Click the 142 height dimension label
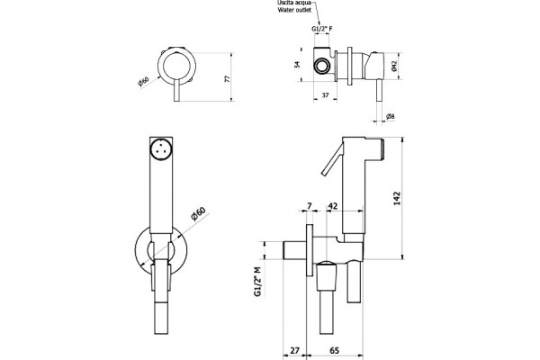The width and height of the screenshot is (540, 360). click(398, 198)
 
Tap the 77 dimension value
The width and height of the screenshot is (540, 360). click(228, 78)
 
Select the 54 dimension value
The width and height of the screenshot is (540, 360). click(298, 64)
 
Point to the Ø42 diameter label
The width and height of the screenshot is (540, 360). click(394, 66)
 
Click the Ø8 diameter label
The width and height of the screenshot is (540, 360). click(391, 116)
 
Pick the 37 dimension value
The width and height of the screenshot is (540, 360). click(325, 95)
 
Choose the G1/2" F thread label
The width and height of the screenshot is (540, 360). click(322, 29)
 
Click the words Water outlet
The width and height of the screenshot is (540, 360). click(294, 10)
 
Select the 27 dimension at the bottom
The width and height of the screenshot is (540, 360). click(295, 350)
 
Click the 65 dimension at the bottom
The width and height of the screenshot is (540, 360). click(335, 350)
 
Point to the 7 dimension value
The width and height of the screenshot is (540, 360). click(310, 206)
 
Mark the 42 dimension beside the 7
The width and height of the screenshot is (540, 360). click(333, 206)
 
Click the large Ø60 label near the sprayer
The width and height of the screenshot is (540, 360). click(198, 213)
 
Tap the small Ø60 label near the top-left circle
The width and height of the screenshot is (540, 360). click(143, 82)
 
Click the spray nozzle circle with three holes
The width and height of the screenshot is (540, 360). click(160, 149)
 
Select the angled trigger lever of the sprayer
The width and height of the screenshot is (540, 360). click(333, 159)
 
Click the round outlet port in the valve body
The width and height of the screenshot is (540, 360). click(322, 66)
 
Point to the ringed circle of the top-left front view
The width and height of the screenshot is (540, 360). click(177, 66)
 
